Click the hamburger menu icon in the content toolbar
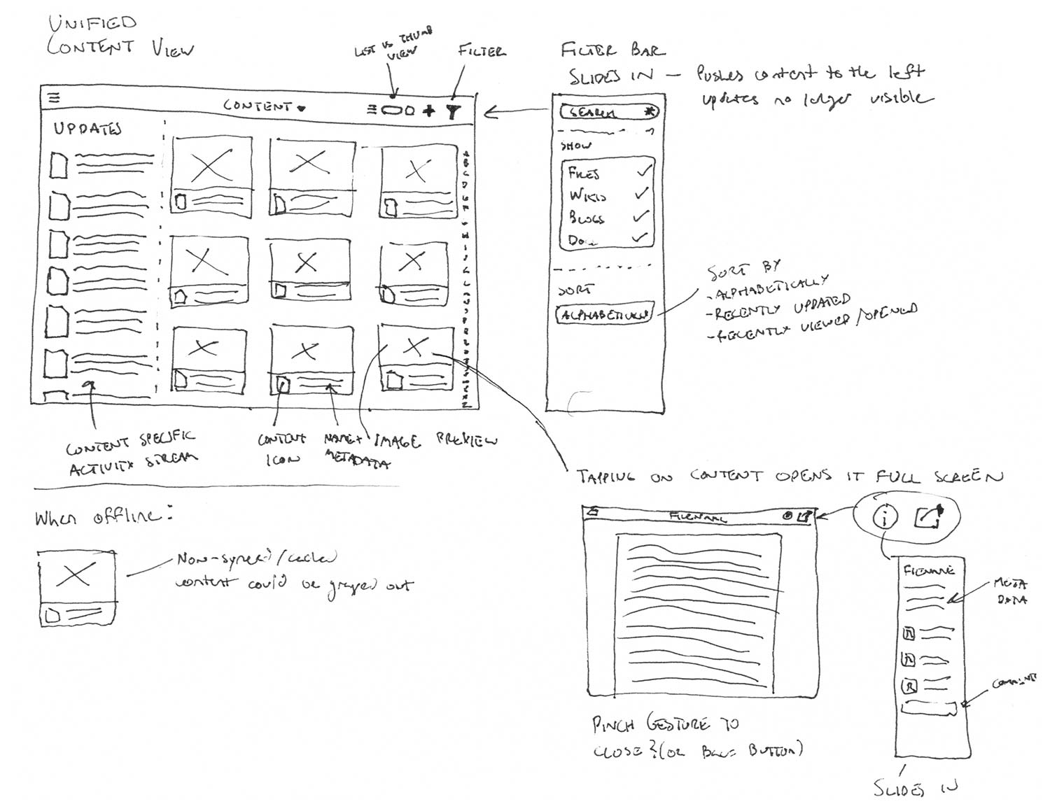coord(53,98)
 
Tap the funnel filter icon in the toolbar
coord(454,111)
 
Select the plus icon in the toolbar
coord(429,110)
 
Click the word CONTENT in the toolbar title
coord(257,106)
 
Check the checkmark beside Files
coord(643,170)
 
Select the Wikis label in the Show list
coord(587,195)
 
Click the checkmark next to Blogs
coord(641,217)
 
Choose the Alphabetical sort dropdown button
coord(604,314)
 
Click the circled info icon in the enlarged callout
coord(885,518)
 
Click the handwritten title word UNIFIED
coord(91,24)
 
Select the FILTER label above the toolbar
coord(482,51)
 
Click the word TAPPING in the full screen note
coord(607,478)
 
